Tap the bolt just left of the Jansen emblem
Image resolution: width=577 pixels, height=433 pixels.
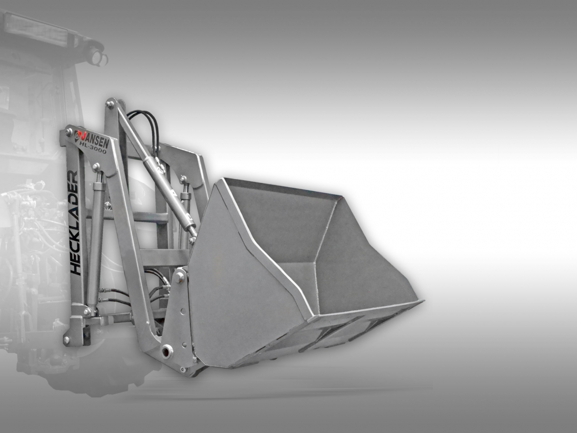pos(69,131)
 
